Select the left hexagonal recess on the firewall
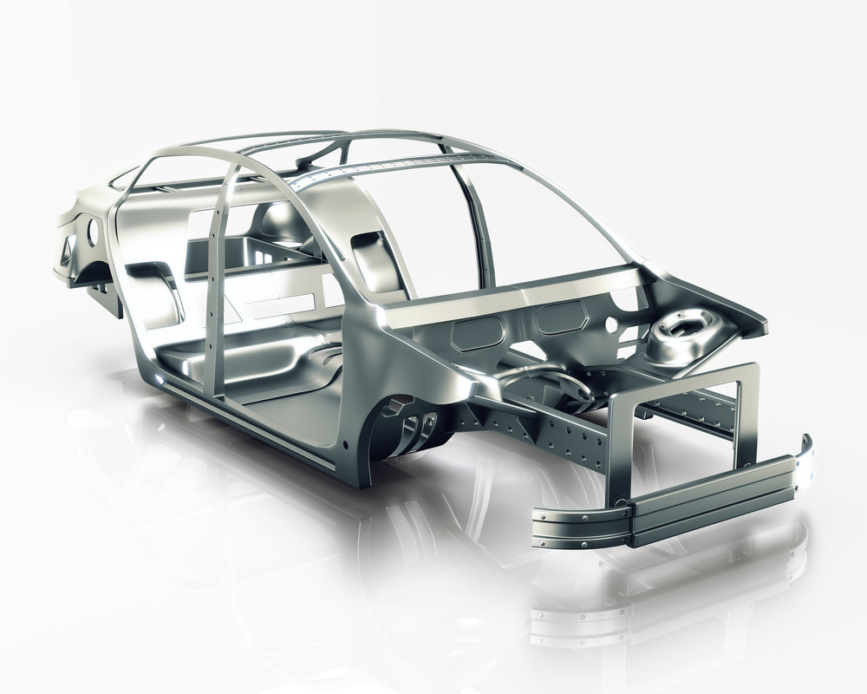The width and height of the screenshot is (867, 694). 475,333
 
